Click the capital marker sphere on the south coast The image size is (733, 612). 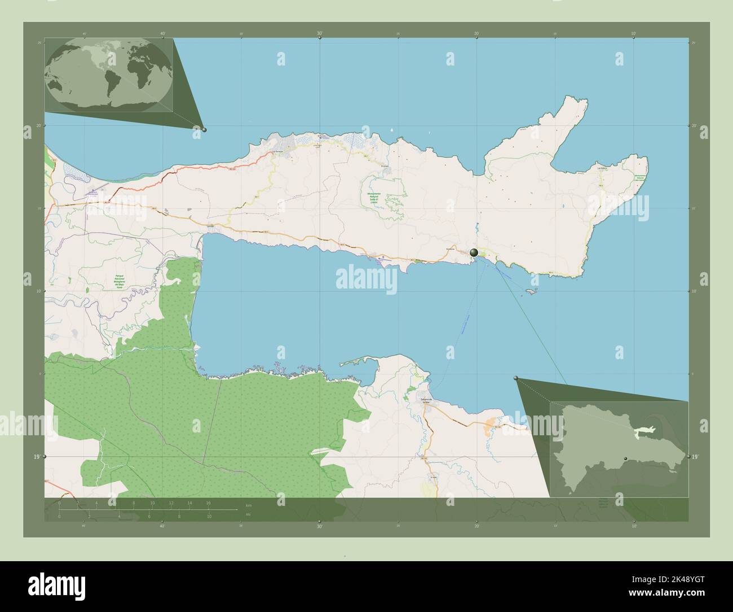474,253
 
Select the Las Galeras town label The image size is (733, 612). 603,168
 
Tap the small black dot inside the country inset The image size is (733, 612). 625,458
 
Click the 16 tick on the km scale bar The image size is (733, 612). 208,502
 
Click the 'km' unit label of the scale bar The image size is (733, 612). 249,505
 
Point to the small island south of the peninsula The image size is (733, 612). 529,291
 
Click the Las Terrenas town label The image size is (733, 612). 277,151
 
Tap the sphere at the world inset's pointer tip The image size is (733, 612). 204,130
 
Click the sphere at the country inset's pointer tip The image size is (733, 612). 516,378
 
